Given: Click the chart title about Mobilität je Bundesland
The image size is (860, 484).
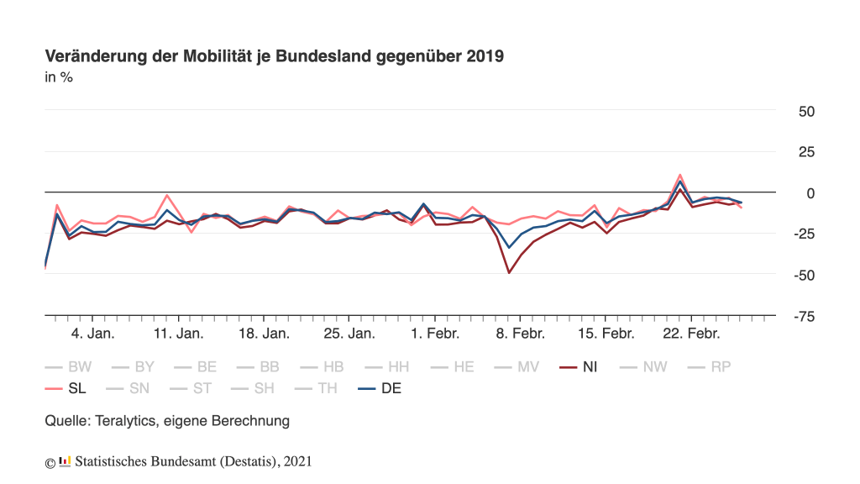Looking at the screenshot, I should (274, 56).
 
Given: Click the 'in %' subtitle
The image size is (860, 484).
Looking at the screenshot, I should (59, 78).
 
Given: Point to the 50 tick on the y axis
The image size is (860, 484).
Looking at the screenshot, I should (805, 112).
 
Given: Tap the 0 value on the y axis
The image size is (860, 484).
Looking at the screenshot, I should (810, 193).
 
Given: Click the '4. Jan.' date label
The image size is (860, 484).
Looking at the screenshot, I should (92, 334).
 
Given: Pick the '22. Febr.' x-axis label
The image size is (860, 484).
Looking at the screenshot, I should (692, 334).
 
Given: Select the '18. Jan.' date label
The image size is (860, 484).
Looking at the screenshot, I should (264, 334).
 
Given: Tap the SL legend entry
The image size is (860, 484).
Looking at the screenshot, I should (66, 388).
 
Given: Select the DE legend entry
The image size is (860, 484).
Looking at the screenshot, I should (380, 388).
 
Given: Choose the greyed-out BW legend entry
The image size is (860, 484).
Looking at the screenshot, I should (69, 367).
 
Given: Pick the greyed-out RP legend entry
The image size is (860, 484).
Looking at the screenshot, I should (710, 367).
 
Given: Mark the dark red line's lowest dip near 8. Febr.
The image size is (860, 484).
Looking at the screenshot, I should (509, 272).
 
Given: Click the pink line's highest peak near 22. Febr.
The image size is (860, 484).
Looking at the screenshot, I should (679, 175).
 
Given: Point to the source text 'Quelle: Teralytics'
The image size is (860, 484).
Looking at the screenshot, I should (167, 420).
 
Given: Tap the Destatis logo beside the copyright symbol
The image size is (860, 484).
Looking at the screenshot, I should (66, 460).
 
